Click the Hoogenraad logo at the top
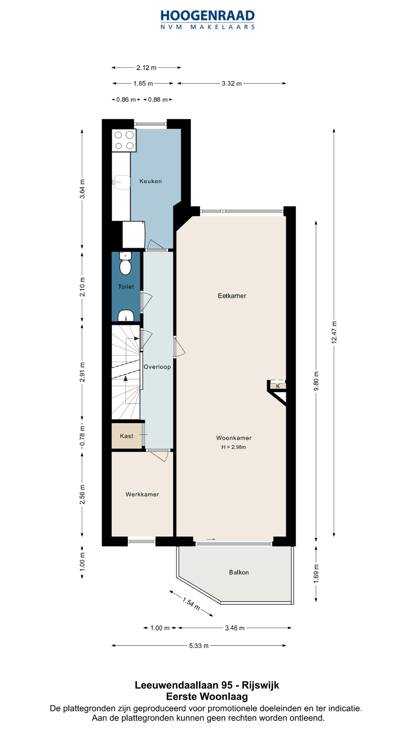[207, 20]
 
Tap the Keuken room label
[150, 181]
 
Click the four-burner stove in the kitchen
[124, 140]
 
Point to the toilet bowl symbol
[125, 263]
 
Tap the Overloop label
[157, 367]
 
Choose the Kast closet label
[126, 436]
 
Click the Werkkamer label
[142, 494]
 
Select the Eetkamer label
[232, 296]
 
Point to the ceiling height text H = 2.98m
[233, 447]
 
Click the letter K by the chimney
[278, 386]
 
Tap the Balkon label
[239, 572]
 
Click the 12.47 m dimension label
[334, 332]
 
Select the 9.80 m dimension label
[316, 381]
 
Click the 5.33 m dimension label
[199, 646]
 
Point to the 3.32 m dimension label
[231, 83]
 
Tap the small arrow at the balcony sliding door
[211, 540]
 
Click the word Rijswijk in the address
[260, 685]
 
